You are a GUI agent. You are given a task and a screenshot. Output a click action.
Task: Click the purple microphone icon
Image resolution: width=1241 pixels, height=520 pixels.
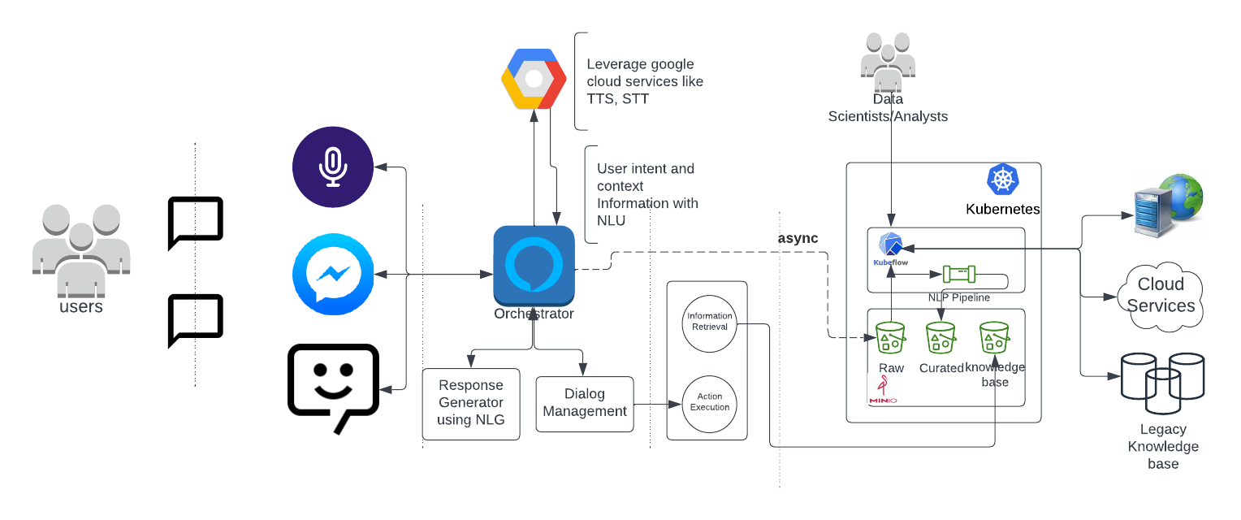click(x=333, y=167)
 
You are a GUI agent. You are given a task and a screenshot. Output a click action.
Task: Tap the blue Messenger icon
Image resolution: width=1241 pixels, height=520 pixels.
click(x=333, y=275)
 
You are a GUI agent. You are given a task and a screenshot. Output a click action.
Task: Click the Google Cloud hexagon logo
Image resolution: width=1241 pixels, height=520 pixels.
click(x=534, y=79)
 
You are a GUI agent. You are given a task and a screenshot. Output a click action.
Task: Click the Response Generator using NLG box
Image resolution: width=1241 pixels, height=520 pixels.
click(x=471, y=403)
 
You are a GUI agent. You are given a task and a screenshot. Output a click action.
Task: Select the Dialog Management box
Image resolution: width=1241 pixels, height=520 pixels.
click(x=585, y=403)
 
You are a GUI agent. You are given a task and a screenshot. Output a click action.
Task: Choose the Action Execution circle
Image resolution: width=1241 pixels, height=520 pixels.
click(x=710, y=402)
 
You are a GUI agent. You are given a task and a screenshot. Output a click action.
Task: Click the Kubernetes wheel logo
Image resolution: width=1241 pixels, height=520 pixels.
click(x=1003, y=180)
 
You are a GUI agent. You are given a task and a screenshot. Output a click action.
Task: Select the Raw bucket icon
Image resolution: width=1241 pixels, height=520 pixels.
click(x=891, y=337)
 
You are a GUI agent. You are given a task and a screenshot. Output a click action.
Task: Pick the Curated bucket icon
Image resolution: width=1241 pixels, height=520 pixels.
click(x=940, y=337)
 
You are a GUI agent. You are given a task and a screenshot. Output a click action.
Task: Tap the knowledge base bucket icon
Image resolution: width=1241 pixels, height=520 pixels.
click(x=994, y=337)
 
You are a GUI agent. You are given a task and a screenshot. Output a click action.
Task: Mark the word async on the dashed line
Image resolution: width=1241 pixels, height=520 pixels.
click(x=798, y=238)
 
